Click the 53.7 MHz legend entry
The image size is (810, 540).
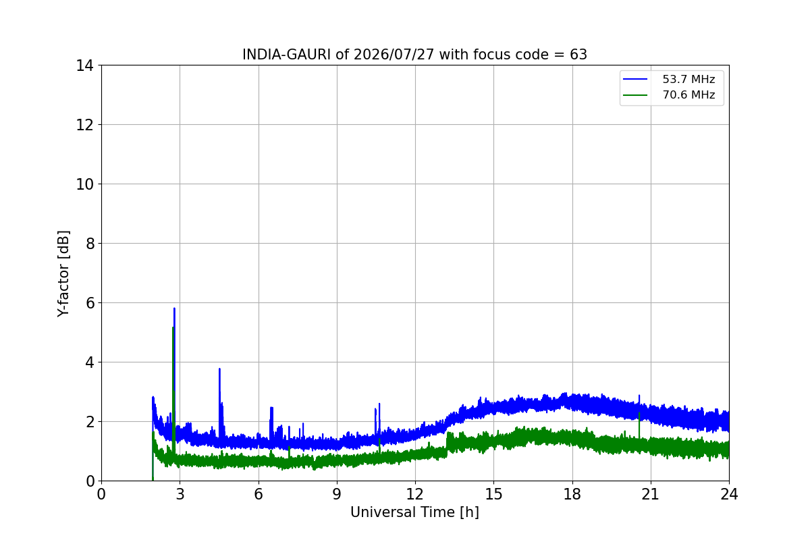[x=669, y=79]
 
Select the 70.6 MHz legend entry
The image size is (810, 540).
[x=669, y=94]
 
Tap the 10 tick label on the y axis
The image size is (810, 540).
[x=84, y=184]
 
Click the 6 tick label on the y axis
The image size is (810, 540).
[x=90, y=303]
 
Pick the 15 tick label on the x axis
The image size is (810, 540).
[x=493, y=494]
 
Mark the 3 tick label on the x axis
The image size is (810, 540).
[x=180, y=494]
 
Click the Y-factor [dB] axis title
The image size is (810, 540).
[x=63, y=274]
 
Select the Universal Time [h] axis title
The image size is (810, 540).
[x=414, y=512]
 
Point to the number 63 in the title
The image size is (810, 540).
[x=578, y=55]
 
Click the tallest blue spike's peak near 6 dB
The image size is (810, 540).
[x=174, y=308]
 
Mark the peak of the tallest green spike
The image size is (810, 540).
[x=173, y=327]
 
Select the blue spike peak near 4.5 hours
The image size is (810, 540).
[x=219, y=369]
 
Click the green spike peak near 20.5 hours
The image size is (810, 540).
[x=639, y=412]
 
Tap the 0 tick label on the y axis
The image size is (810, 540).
[x=90, y=481]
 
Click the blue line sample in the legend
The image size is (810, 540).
[x=635, y=79]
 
